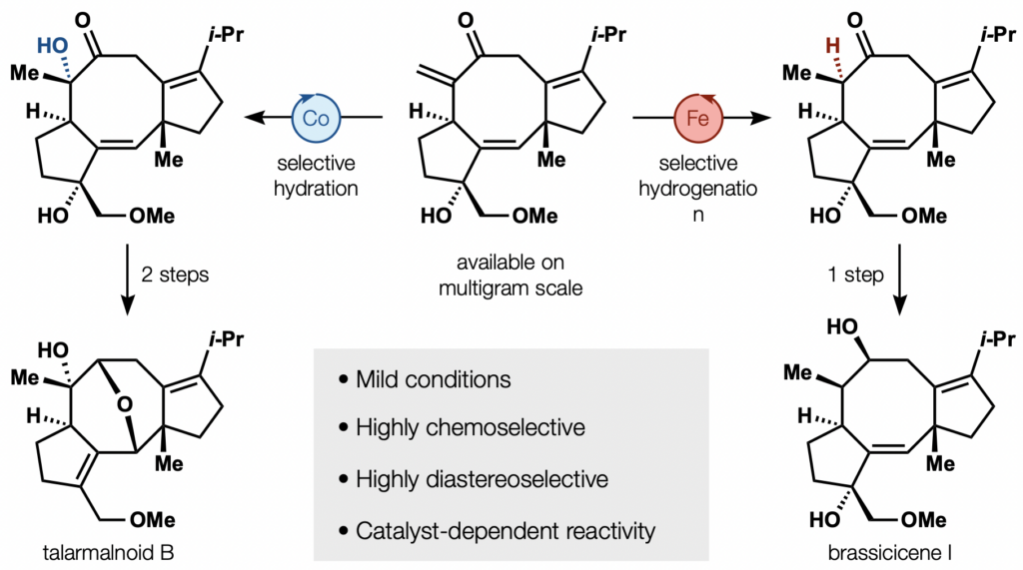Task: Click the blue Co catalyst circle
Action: [316, 118]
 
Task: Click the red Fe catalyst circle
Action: [698, 118]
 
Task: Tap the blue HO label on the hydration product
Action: [52, 45]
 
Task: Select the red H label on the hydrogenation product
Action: [832, 45]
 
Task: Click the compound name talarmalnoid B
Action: [108, 553]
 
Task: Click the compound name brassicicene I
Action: [889, 553]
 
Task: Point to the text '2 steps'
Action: [175, 275]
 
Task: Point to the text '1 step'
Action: [856, 275]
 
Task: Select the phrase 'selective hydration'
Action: [316, 176]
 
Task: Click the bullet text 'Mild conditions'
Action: [434, 379]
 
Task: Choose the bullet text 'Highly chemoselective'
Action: [471, 428]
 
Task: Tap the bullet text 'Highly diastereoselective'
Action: [483, 479]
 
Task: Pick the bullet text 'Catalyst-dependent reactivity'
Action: [506, 531]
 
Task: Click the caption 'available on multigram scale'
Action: [511, 275]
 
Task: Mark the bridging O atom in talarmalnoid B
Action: [125, 404]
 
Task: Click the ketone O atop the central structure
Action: [466, 20]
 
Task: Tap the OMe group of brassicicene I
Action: [924, 519]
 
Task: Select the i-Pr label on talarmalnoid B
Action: [226, 339]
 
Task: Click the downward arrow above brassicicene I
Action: [900, 280]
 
